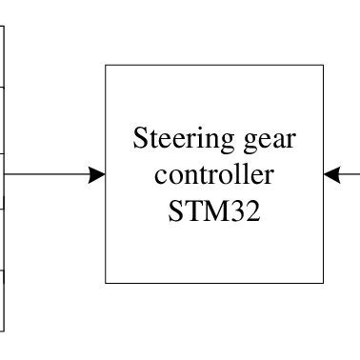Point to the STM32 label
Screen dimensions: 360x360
tap(214, 209)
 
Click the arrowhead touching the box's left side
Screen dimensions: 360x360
tap(96, 174)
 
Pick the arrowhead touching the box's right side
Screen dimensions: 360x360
tap(332, 174)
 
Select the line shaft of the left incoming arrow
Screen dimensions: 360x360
tap(48, 174)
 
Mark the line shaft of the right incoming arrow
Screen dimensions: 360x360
tap(351, 174)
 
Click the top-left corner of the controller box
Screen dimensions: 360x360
tap(106, 66)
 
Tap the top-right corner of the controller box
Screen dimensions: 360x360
tap(324, 66)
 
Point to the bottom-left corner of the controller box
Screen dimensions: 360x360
tap(106, 283)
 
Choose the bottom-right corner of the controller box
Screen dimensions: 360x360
tap(324, 283)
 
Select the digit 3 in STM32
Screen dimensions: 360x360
tap(240, 209)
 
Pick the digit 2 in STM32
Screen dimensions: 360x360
tap(254, 209)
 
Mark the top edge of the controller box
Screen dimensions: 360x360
tap(214, 66)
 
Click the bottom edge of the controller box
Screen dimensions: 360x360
tap(214, 283)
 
